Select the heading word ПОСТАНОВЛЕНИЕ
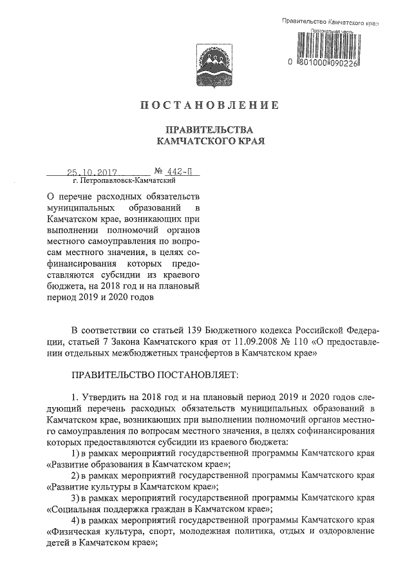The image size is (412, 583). [x=206, y=105]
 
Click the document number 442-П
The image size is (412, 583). [x=173, y=172]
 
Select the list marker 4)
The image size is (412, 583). [x=75, y=520]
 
